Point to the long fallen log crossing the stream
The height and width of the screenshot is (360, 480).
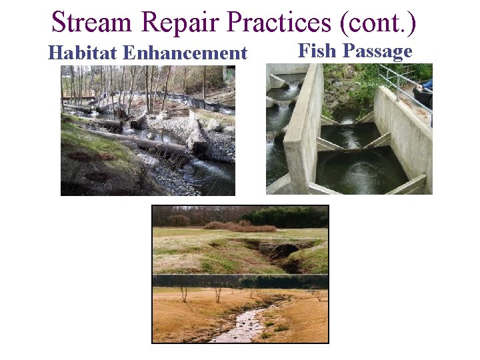pos(143,141)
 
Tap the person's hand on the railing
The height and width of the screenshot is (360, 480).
pos(427,85)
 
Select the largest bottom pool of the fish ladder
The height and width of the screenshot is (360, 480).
pos(360,170)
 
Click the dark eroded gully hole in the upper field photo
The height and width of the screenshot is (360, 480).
pos(283,253)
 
